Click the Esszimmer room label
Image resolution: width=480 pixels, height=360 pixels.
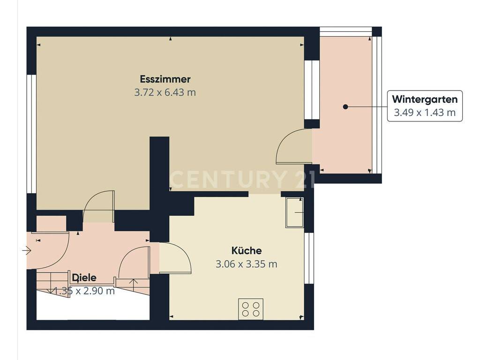165,79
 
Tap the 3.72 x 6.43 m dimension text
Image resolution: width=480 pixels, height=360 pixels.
165,92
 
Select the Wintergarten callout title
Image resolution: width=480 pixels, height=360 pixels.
425,99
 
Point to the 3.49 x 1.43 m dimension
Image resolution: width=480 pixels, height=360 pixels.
425,112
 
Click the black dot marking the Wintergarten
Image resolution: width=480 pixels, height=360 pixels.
345,107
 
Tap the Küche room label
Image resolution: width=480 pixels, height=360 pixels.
247,251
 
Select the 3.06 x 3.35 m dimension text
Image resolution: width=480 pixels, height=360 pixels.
247,264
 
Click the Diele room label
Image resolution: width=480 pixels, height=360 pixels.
84,277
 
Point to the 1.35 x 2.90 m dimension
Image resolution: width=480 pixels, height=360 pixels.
84,291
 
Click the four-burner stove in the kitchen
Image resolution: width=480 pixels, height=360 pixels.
251,309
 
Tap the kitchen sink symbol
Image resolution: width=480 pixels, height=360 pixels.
294,212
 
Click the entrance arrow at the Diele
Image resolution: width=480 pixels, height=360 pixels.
27,251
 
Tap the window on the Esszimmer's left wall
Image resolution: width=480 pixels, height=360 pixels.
31,134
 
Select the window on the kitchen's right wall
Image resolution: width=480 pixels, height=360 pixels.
309,258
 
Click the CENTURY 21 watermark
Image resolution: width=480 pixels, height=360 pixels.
242,180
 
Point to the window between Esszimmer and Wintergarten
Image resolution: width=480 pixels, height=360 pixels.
312,90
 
